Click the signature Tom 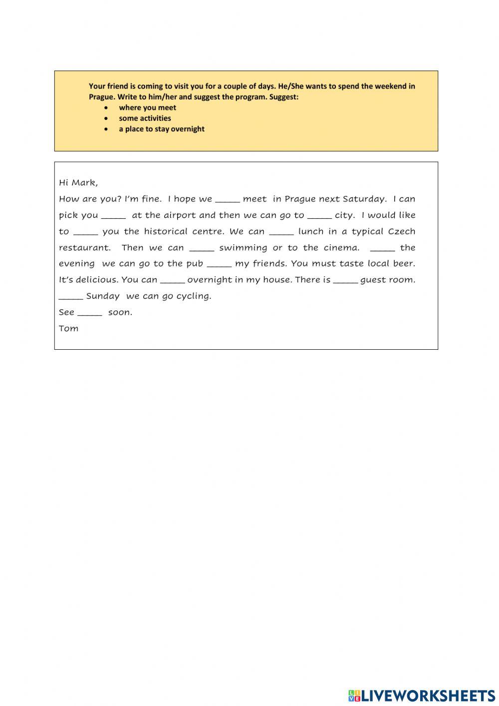[68, 328]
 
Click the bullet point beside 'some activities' [106, 118]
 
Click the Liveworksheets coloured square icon [354, 695]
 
